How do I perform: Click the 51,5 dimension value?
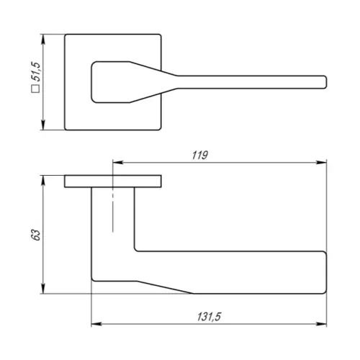tap(36, 71)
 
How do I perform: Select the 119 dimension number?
tap(200, 156)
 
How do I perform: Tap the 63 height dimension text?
tap(36, 235)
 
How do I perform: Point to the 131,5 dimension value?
tap(209, 317)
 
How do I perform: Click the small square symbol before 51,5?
tap(36, 89)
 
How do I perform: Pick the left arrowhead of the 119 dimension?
tap(118, 163)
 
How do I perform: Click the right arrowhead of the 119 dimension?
tap(321, 163)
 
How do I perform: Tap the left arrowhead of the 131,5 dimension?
tap(96, 324)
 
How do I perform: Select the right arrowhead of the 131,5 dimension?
tap(321, 324)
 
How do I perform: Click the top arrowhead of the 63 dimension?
tap(43, 181)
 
